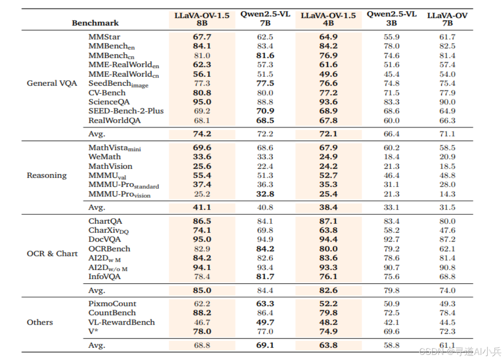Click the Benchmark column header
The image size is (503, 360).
point(95,23)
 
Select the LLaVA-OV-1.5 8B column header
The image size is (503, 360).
point(202,19)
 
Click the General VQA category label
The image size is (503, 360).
point(52,83)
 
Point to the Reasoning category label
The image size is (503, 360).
point(47,175)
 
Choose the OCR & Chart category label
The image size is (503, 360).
point(52,253)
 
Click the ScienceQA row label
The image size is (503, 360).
point(109,102)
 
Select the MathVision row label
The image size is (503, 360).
point(110,166)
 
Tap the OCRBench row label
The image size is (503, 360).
point(109,249)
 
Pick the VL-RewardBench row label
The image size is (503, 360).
point(121,322)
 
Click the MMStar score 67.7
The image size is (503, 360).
point(202,37)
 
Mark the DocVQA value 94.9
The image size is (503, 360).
point(265,239)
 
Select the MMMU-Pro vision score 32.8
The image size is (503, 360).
point(265,194)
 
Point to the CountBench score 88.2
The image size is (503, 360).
point(202,313)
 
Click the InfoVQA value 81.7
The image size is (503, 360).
point(265,276)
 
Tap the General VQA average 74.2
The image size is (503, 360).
point(202,134)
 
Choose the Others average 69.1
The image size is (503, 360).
point(265,345)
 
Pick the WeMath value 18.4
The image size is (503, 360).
point(391,157)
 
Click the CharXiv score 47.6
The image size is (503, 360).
point(447,230)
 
